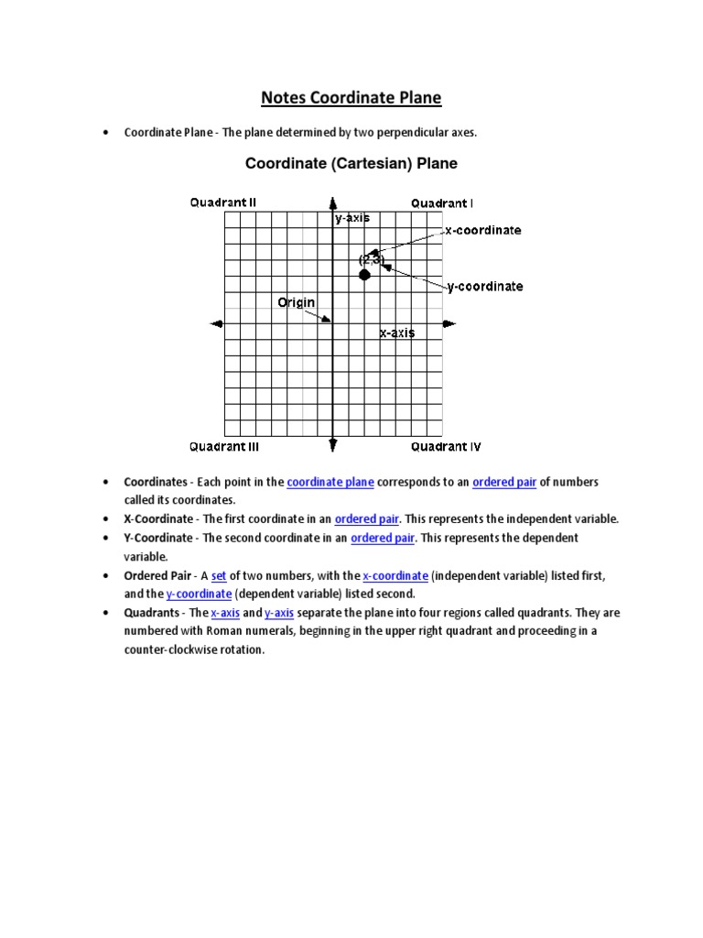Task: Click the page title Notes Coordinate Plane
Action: pyautogui.click(x=351, y=97)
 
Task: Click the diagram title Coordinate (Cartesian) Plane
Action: pyautogui.click(x=351, y=164)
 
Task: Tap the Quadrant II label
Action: pyautogui.click(x=223, y=202)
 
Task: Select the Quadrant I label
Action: pyautogui.click(x=442, y=202)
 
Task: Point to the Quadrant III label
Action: pyautogui.click(x=224, y=447)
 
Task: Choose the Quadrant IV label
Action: pyautogui.click(x=446, y=447)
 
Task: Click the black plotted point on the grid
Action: pyautogui.click(x=364, y=275)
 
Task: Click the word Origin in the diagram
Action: pyautogui.click(x=297, y=302)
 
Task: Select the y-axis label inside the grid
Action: pyautogui.click(x=352, y=218)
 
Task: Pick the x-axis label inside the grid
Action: pyautogui.click(x=397, y=333)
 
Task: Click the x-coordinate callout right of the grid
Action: pyautogui.click(x=483, y=230)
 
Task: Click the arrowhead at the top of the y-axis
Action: pyautogui.click(x=333, y=203)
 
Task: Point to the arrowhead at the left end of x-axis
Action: pyautogui.click(x=217, y=323)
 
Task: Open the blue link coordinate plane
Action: pyautogui.click(x=330, y=482)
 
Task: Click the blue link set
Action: pyautogui.click(x=219, y=575)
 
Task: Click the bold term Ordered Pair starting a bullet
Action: pyautogui.click(x=157, y=575)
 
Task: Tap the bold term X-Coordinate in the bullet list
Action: pyautogui.click(x=158, y=518)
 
